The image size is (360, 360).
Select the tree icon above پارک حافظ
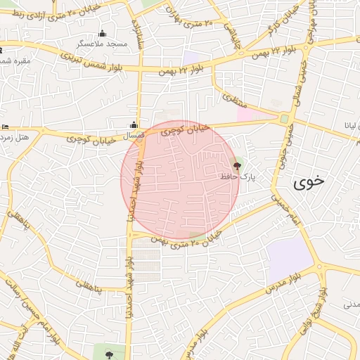click(x=236, y=167)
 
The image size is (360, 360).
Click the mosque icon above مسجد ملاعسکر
click(x=103, y=33)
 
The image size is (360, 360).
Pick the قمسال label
click(x=133, y=134)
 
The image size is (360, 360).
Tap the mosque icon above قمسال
click(x=134, y=124)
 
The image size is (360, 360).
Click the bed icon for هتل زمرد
click(x=5, y=127)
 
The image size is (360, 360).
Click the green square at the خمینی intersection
click(x=284, y=119)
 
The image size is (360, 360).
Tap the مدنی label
click(x=350, y=305)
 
